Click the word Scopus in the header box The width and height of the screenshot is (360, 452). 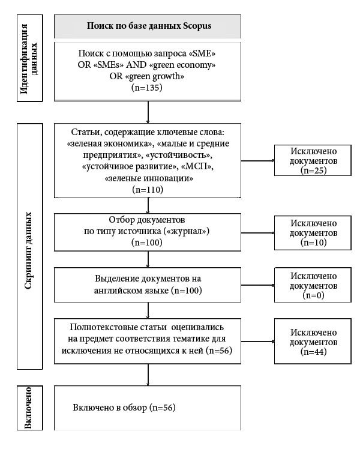point(197,26)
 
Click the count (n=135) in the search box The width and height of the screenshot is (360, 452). point(147,88)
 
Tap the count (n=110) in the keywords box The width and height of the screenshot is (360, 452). point(148,190)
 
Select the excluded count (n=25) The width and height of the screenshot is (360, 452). point(313,170)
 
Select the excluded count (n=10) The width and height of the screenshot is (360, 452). point(313,243)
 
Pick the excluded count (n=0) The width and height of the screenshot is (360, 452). point(313,295)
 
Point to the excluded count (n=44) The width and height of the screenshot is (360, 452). point(313,352)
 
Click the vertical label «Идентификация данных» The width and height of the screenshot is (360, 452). point(29,58)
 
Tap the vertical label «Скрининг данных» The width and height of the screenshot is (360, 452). point(28,251)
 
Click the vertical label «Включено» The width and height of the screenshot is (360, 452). point(28,408)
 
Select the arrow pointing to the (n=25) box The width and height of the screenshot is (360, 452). point(257,160)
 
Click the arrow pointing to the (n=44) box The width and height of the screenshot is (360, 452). point(257,342)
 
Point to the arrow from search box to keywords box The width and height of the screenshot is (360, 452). point(148,112)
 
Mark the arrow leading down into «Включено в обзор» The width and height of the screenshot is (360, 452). point(148,375)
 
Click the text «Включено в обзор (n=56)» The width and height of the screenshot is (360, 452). point(124,408)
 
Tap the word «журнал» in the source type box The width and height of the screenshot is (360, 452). point(187,231)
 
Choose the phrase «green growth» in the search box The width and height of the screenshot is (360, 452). point(154,76)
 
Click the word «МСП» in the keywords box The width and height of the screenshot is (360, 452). point(197,167)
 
